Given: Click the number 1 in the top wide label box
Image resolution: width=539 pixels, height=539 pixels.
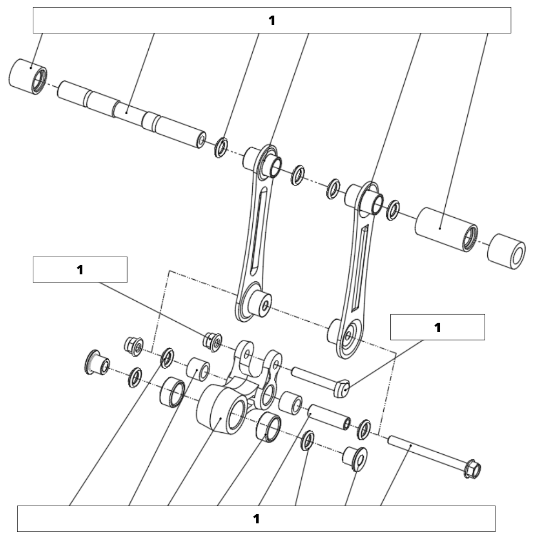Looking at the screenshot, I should coord(272,20).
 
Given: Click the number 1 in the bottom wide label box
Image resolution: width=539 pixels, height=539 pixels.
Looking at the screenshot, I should coord(257,519).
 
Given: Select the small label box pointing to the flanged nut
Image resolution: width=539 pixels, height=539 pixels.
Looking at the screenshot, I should coord(80,270).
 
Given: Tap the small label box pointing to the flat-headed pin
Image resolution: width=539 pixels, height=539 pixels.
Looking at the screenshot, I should coord(437,327).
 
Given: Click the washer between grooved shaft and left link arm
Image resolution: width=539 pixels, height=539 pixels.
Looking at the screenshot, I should coord(221,148).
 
